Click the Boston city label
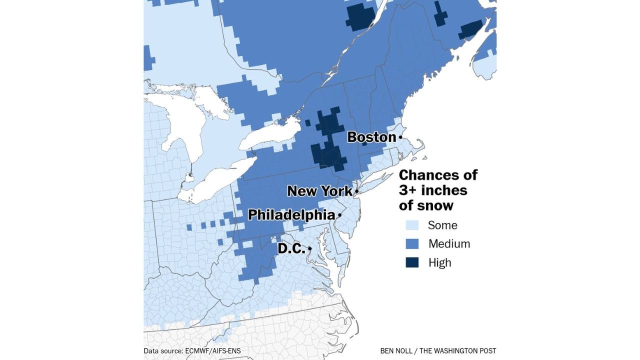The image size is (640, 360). coord(371,137)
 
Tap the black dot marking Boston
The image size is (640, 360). coord(400,137)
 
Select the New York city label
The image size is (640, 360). coord(319,191)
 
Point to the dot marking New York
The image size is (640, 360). coord(356,191)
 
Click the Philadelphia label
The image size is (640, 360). coord(291,215)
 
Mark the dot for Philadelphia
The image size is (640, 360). coord(339,215)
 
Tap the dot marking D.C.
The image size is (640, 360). coord(310,248)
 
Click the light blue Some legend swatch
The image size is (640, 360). coord(412,225)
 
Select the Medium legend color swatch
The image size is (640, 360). coord(412,244)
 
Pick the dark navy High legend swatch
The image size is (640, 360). coord(412,262)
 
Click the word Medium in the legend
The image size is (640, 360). coord(449,244)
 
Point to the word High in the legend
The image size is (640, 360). coord(439,262)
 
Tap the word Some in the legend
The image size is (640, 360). coord(442,225)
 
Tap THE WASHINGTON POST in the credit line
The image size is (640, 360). coord(460,351)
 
